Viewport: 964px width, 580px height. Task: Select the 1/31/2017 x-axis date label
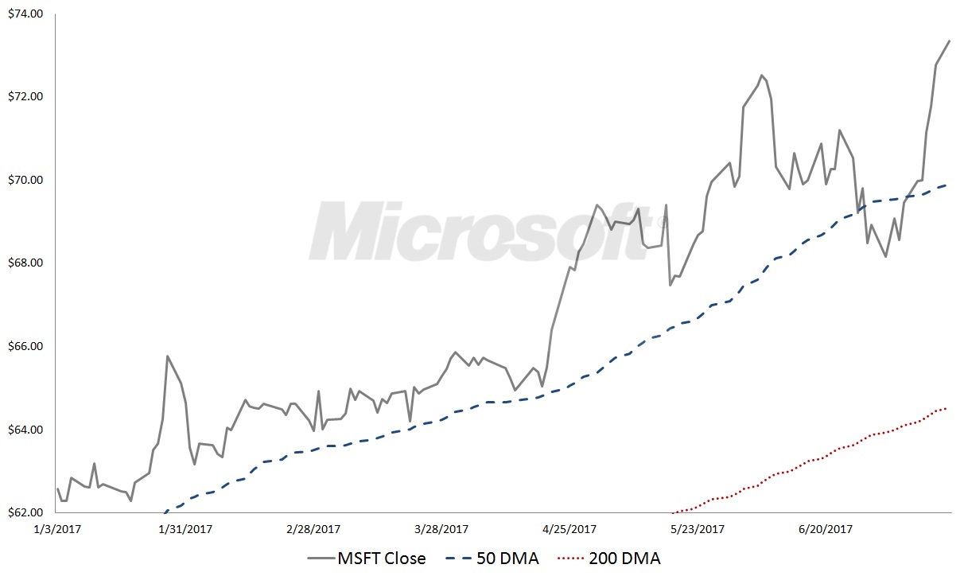click(185, 529)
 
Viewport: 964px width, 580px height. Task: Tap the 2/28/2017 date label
click(312, 529)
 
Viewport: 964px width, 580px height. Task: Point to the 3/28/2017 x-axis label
click(441, 529)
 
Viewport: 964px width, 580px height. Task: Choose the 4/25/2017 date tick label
click(569, 529)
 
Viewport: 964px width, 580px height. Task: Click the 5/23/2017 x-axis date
click(698, 529)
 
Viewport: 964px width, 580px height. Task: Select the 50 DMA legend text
click(507, 559)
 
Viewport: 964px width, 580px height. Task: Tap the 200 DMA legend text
click(624, 559)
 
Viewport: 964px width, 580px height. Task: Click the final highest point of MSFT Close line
click(950, 40)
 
